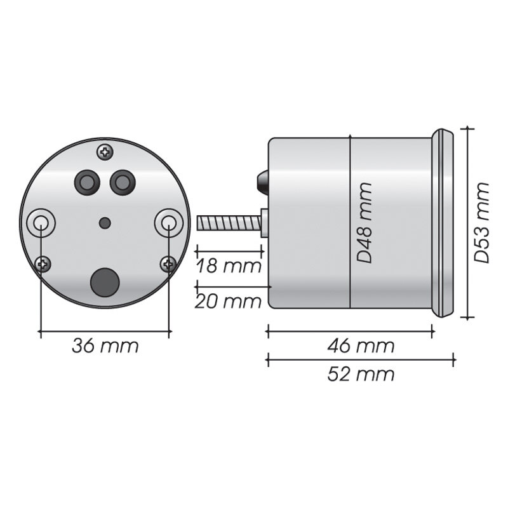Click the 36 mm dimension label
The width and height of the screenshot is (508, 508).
pos(105,345)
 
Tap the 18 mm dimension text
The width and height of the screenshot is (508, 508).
pos(229,266)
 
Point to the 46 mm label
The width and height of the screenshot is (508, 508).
pos(361,345)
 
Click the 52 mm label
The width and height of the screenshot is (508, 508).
pos(361,375)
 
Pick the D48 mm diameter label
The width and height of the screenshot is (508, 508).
pos(364,223)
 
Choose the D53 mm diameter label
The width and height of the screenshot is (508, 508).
pos(481,223)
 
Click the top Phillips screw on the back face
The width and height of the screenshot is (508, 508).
pos(105,152)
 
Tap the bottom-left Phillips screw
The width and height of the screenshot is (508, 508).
pos(43,264)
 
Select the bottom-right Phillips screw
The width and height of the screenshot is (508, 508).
pos(168,264)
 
